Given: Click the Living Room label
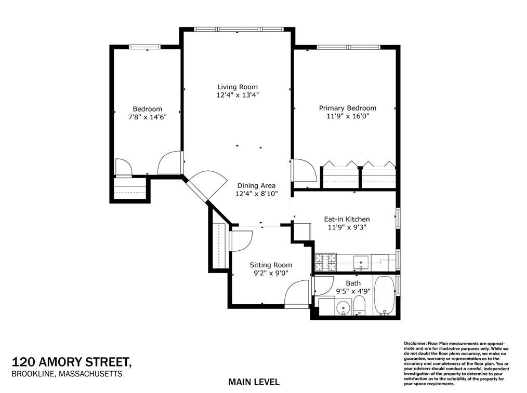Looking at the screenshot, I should [x=237, y=87].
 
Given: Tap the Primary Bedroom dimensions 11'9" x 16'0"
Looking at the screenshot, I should [x=347, y=116].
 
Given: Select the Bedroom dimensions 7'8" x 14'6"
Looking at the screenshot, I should [x=147, y=117].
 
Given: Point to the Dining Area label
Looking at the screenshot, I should [x=256, y=185].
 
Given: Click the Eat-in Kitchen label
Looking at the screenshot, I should [x=347, y=219].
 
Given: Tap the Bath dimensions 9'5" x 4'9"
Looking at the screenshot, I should [x=353, y=291].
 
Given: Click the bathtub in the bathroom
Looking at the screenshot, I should [x=385, y=296].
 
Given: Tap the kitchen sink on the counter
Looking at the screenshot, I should [x=361, y=260].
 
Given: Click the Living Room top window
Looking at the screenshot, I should [x=238, y=30].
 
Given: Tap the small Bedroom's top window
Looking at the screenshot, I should [x=145, y=47].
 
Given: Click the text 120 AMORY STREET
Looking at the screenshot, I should [x=71, y=362].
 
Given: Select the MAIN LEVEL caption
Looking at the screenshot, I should [x=254, y=382].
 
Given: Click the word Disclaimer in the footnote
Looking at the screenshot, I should [x=415, y=344].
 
